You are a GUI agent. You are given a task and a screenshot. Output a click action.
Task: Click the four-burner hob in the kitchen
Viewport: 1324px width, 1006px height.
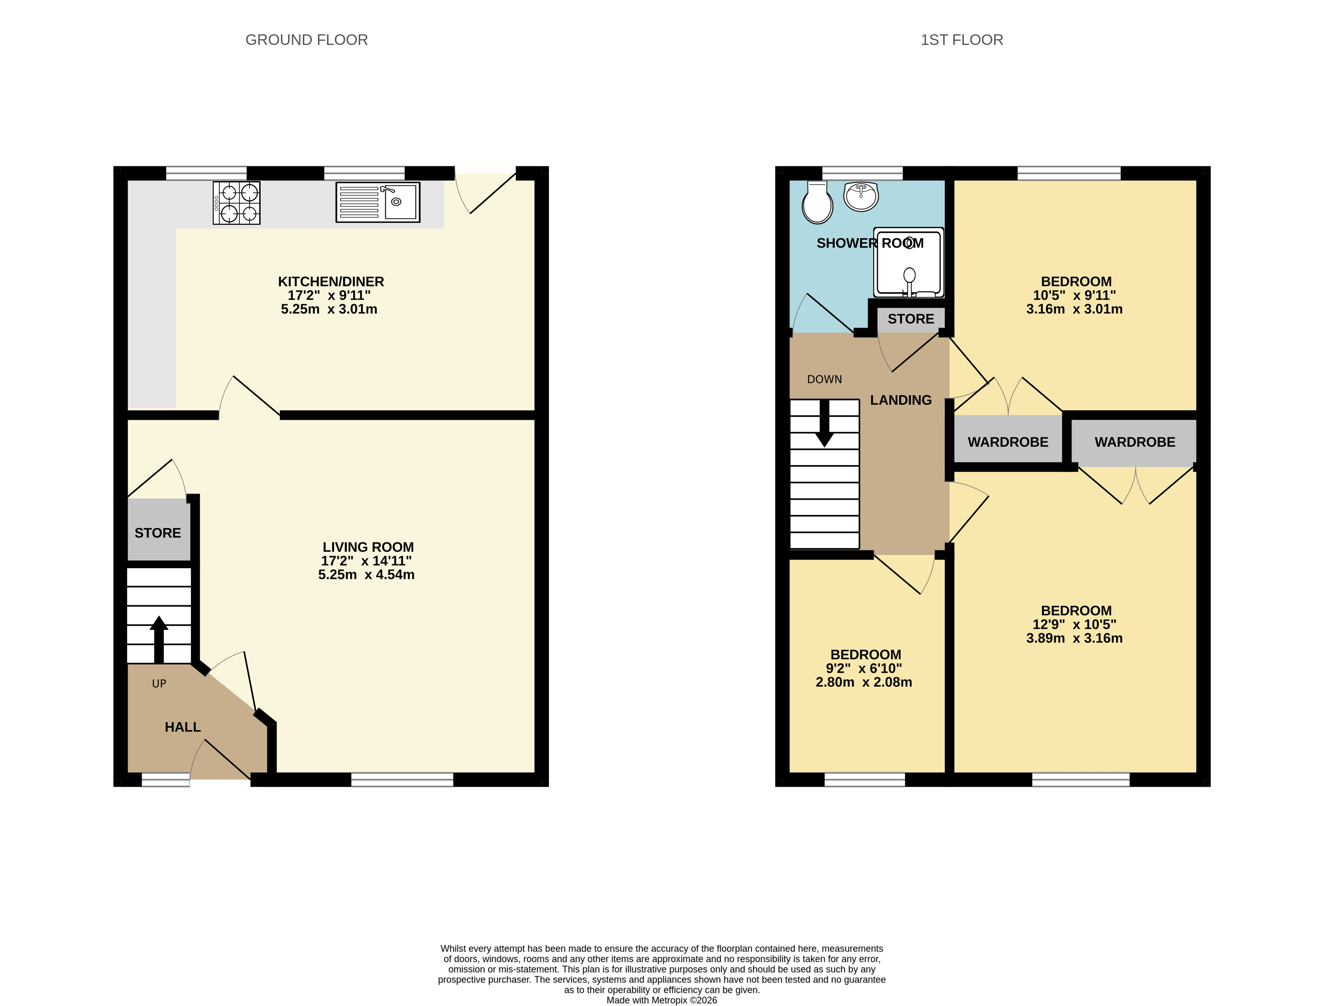(x=237, y=203)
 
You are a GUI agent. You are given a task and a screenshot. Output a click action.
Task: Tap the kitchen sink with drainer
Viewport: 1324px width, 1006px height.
(x=378, y=202)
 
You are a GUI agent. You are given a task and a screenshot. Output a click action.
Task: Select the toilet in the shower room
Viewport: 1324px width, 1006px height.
(x=817, y=203)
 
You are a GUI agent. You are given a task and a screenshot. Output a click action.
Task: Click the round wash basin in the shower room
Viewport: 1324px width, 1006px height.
(x=861, y=196)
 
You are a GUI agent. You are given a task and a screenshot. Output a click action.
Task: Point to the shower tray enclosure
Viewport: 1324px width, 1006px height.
(x=908, y=262)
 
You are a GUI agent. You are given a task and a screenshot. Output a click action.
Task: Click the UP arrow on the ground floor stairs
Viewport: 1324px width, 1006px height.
(x=159, y=639)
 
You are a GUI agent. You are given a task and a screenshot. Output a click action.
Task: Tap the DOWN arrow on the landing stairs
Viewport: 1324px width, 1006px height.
(x=825, y=424)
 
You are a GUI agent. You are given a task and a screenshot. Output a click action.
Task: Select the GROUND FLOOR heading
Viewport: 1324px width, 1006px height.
(x=307, y=40)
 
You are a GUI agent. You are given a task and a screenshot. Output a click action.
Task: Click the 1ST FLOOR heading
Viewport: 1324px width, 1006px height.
(x=962, y=40)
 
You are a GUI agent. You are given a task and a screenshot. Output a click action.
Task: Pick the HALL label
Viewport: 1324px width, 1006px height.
(x=183, y=727)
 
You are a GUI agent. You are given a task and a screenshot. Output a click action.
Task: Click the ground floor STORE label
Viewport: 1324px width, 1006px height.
(x=157, y=533)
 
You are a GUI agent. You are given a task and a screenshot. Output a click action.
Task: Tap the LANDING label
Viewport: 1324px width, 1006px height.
(x=901, y=400)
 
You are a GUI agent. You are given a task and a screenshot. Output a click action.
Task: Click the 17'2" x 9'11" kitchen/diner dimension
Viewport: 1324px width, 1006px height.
(x=329, y=295)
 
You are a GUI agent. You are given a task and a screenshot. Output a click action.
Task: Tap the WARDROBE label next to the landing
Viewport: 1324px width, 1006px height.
(x=1008, y=442)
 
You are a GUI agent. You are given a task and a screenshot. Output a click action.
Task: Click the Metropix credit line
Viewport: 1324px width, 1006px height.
(x=662, y=1000)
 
